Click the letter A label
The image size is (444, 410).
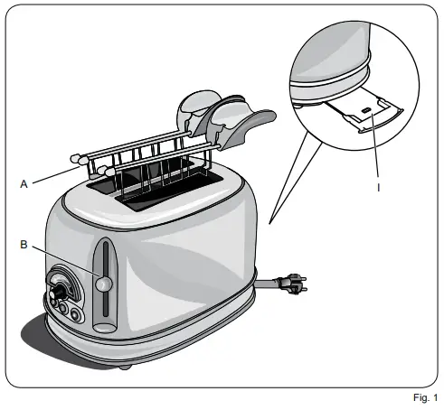(x=24, y=182)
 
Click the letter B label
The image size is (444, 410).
(x=24, y=242)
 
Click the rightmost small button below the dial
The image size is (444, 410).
(x=76, y=315)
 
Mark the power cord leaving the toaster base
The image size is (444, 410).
(x=268, y=284)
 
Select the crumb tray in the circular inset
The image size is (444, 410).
(x=362, y=114)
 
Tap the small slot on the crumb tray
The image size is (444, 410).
(x=364, y=111)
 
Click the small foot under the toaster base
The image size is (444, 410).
(x=124, y=367)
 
